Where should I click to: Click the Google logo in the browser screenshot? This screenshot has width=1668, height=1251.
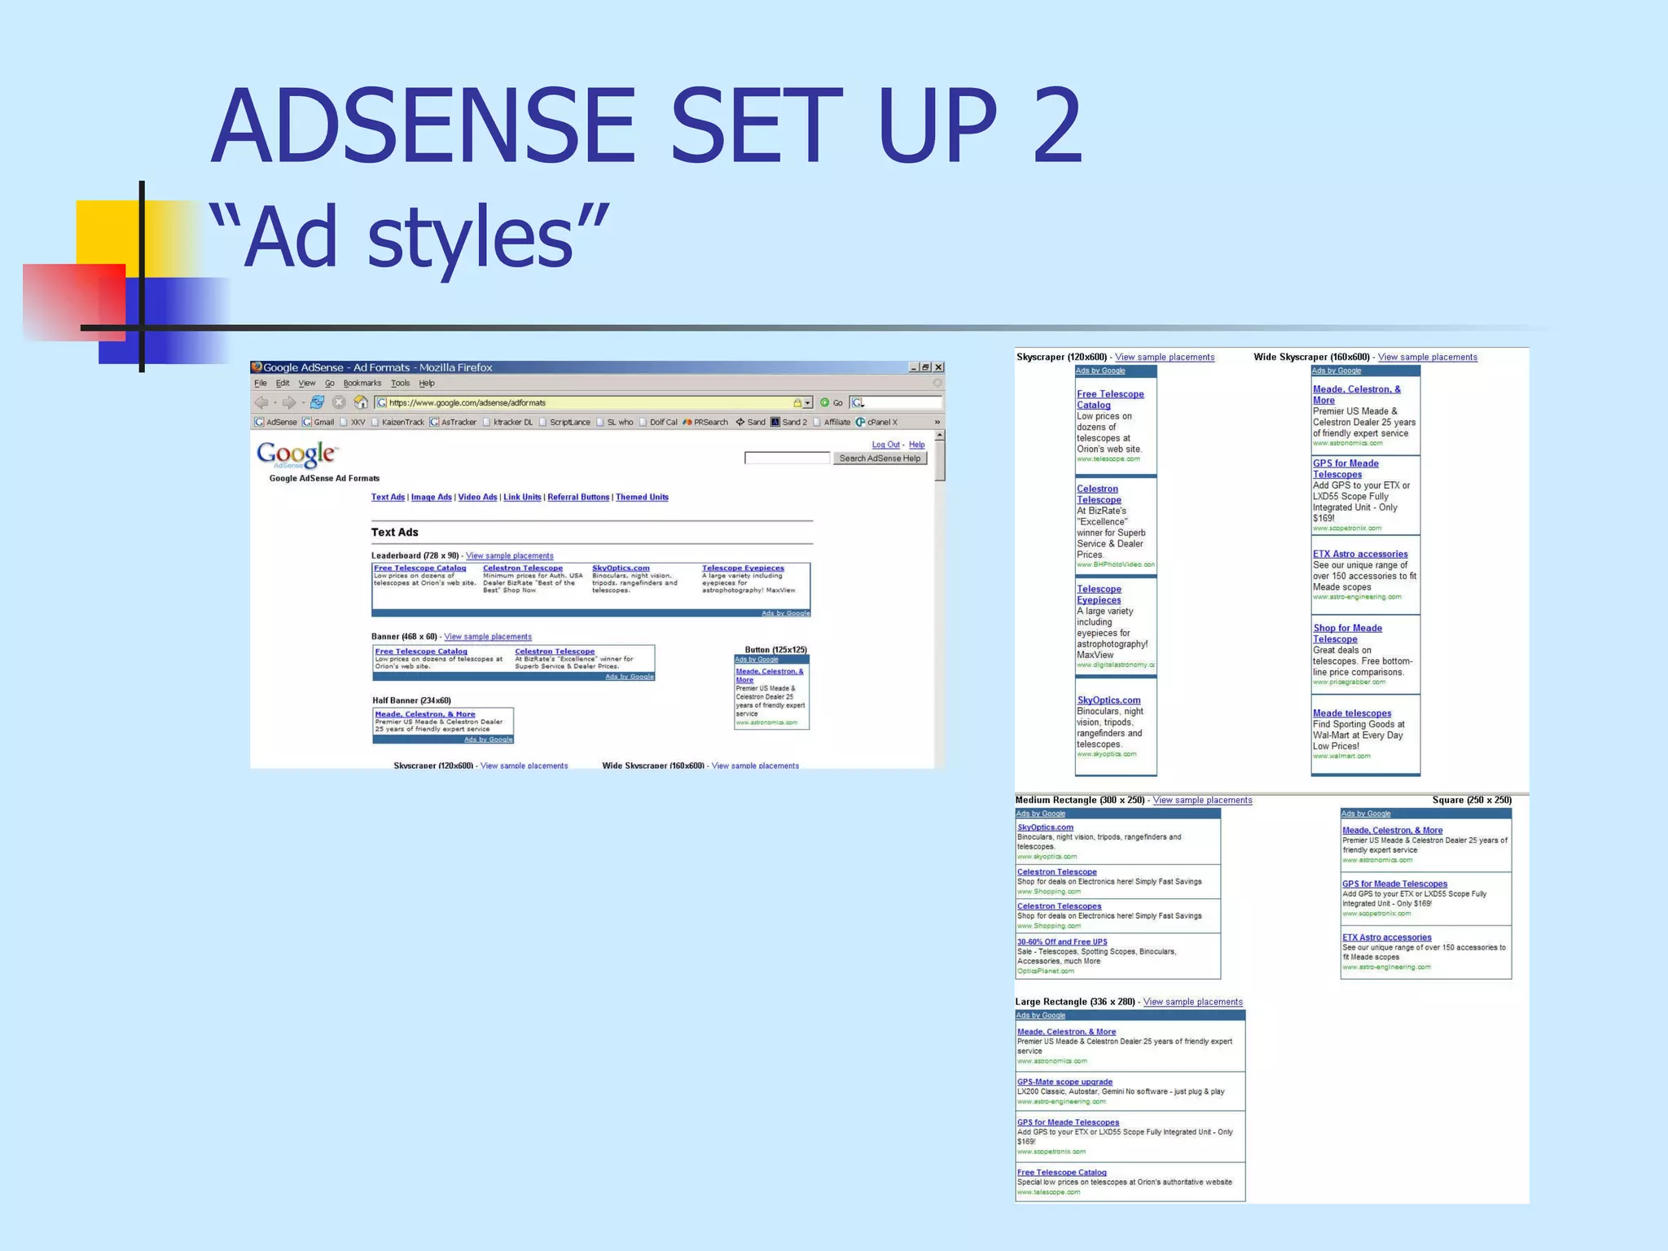296,454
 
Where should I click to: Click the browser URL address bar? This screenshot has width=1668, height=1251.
586,402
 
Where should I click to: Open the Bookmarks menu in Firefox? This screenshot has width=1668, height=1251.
362,384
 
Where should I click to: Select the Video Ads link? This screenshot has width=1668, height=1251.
477,498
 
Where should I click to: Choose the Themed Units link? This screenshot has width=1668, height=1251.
642,498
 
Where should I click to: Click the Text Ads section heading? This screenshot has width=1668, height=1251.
395,533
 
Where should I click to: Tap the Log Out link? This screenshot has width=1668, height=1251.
885,445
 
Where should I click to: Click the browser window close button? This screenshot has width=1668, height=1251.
938,367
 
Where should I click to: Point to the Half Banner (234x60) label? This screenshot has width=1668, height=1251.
411,700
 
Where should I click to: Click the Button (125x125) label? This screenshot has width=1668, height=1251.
775,650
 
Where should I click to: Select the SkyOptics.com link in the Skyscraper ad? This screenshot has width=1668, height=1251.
1108,700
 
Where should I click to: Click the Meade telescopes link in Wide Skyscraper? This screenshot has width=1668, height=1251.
1352,713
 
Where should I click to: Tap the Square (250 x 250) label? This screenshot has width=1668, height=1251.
1472,801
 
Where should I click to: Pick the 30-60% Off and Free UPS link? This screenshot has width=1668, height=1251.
1062,942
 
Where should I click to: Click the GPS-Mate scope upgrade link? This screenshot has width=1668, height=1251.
1064,1082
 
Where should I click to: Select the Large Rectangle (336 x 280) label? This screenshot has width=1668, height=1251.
1075,1002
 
